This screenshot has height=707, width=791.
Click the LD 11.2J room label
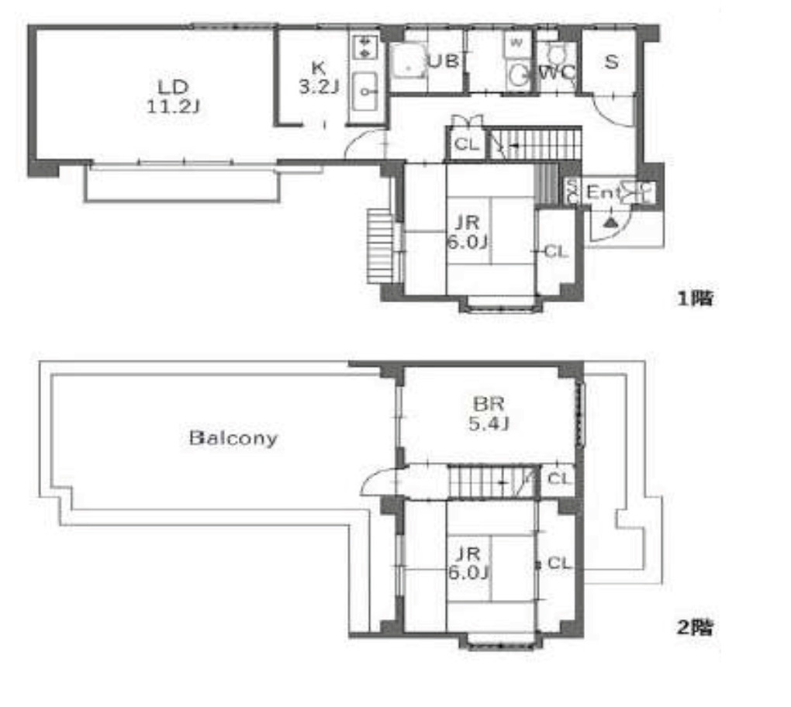click(x=174, y=95)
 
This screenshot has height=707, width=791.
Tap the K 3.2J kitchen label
click(x=318, y=77)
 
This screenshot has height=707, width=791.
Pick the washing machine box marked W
click(x=516, y=43)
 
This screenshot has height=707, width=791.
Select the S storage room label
click(x=611, y=62)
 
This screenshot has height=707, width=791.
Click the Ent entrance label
click(x=603, y=191)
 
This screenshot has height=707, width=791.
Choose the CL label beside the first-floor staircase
click(x=465, y=144)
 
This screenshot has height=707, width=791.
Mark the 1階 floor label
click(x=695, y=298)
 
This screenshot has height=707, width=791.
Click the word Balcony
click(x=233, y=438)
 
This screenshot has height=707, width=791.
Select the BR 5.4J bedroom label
click(x=489, y=413)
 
